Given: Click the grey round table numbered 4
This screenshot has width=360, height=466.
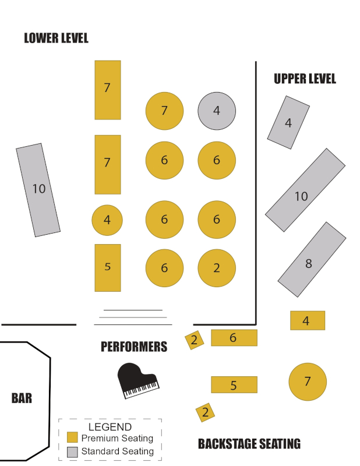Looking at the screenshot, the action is point(217,111).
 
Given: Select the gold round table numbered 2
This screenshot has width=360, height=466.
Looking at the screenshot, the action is point(217,269).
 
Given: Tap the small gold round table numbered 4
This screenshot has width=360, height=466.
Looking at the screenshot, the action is point(107,221).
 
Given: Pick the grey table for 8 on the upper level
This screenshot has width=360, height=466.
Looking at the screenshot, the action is point(312,260).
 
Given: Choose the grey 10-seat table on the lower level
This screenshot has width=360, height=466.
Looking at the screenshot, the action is point(38,190).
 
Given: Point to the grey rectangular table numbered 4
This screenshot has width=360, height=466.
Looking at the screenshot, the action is point(288,122).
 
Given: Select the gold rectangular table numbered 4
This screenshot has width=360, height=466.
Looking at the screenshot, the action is point(308,320).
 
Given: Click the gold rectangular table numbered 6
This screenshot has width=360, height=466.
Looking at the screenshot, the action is point(234,338).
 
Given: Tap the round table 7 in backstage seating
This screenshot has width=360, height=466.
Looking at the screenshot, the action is point(308,382).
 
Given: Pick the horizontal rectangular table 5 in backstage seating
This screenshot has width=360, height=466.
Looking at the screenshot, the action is point(234,384).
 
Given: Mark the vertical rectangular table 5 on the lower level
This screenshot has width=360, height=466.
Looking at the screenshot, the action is point(108,267).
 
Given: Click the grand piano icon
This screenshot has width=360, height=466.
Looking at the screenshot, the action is point(137,381).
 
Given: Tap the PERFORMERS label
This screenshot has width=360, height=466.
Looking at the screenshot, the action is point(134,347).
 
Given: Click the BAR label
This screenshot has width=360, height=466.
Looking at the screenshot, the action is point(22,398).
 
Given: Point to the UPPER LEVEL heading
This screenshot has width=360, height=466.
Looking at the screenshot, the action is point(305,79).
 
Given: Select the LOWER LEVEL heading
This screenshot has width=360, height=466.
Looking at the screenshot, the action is point(56,38).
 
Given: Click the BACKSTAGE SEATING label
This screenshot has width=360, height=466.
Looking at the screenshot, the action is point(249,444).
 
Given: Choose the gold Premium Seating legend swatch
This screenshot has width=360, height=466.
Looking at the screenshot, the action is point(72,437).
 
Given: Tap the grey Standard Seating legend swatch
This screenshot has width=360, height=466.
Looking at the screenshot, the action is point(72,451).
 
